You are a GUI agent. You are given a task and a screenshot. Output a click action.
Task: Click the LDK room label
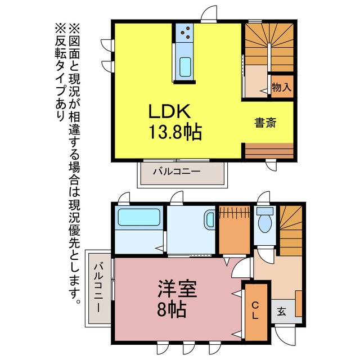169,111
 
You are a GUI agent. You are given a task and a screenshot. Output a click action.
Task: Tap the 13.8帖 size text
175,132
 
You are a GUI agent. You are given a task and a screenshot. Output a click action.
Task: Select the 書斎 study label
265,123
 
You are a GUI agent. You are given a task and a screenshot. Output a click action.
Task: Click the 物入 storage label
282,87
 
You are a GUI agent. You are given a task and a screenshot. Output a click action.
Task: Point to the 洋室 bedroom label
177,289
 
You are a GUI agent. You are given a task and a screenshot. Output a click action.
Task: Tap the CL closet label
255,310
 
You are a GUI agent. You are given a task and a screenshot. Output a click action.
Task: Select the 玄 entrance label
281,312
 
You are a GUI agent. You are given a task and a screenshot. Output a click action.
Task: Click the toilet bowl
265,223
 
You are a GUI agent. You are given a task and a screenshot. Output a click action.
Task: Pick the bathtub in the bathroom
139,217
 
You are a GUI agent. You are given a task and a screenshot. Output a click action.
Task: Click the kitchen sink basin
185,67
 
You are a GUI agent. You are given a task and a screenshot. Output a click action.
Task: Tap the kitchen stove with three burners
184,33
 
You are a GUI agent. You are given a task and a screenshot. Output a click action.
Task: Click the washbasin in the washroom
210,220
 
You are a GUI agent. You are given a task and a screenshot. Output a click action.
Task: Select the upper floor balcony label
177,171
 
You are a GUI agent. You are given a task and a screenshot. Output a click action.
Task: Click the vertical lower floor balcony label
98,287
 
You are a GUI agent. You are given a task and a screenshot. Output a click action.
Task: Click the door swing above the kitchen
209,14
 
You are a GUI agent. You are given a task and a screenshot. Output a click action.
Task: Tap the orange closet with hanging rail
235,230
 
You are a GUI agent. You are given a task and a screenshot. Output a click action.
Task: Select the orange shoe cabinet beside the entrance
299,303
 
